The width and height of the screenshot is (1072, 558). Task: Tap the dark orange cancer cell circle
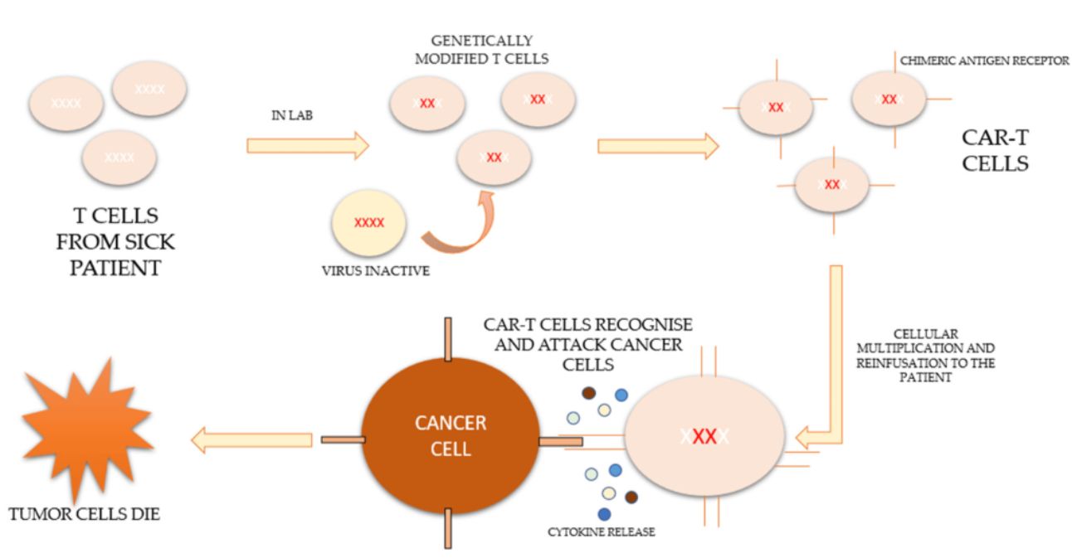click(x=451, y=436)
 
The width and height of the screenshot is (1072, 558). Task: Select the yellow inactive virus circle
click(x=369, y=223)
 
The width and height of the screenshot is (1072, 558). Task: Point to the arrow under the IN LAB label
click(x=308, y=145)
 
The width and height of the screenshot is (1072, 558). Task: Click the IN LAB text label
click(x=292, y=115)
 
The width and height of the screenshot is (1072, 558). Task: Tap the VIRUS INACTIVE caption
click(x=376, y=271)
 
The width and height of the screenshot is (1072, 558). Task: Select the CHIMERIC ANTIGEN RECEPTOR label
click(x=984, y=61)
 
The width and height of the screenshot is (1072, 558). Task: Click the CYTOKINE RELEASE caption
click(x=602, y=531)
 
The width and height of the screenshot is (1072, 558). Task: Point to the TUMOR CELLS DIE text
click(x=85, y=515)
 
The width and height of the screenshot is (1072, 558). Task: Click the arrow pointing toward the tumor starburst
click(x=251, y=440)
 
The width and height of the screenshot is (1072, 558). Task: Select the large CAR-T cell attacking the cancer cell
click(x=704, y=436)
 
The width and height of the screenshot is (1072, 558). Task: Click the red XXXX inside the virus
click(x=369, y=222)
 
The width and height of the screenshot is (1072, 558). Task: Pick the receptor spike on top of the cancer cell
click(x=448, y=339)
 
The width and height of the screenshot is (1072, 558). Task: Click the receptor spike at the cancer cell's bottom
click(x=448, y=528)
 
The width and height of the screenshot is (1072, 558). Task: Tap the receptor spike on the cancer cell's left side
click(x=344, y=439)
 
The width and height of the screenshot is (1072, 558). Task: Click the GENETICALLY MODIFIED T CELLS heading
click(x=481, y=50)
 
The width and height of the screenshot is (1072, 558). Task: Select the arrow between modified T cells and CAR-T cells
click(x=658, y=146)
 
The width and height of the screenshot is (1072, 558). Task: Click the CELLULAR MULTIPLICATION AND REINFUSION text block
click(x=926, y=356)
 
